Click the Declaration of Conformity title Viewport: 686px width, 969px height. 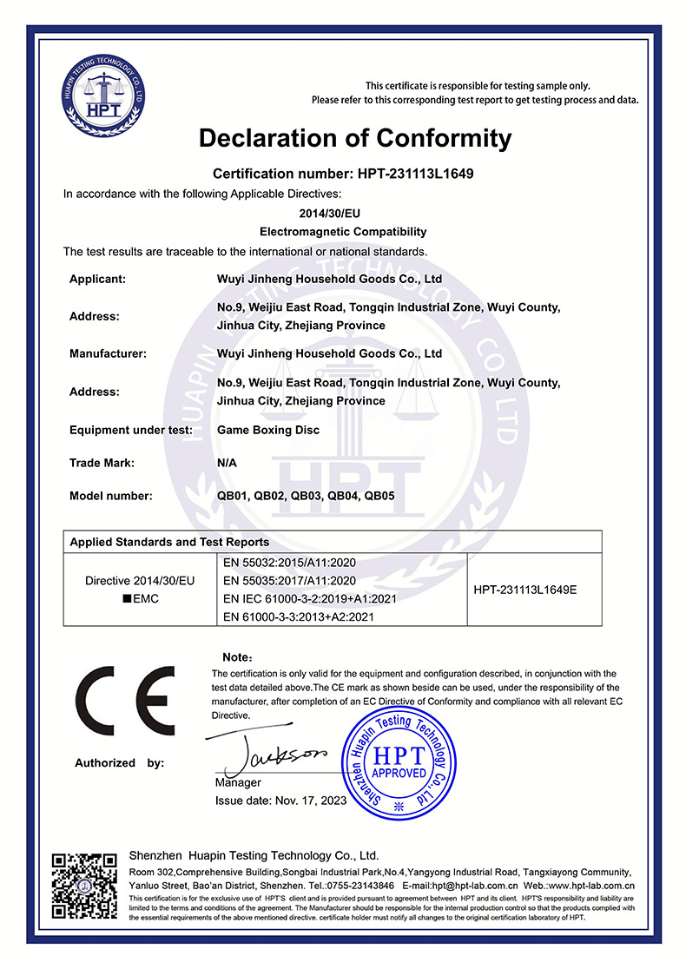(x=355, y=138)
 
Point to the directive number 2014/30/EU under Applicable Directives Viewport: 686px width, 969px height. (x=343, y=212)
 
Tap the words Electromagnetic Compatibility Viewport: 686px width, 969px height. (x=343, y=232)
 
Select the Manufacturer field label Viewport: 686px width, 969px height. (x=108, y=353)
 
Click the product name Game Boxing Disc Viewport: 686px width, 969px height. (x=267, y=430)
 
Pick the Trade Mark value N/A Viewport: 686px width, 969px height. (x=227, y=463)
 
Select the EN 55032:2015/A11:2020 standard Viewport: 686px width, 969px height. (x=289, y=562)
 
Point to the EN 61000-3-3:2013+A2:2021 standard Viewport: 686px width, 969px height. (x=298, y=617)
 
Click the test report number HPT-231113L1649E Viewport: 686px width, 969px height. (x=525, y=590)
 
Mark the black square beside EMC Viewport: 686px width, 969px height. (x=128, y=599)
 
